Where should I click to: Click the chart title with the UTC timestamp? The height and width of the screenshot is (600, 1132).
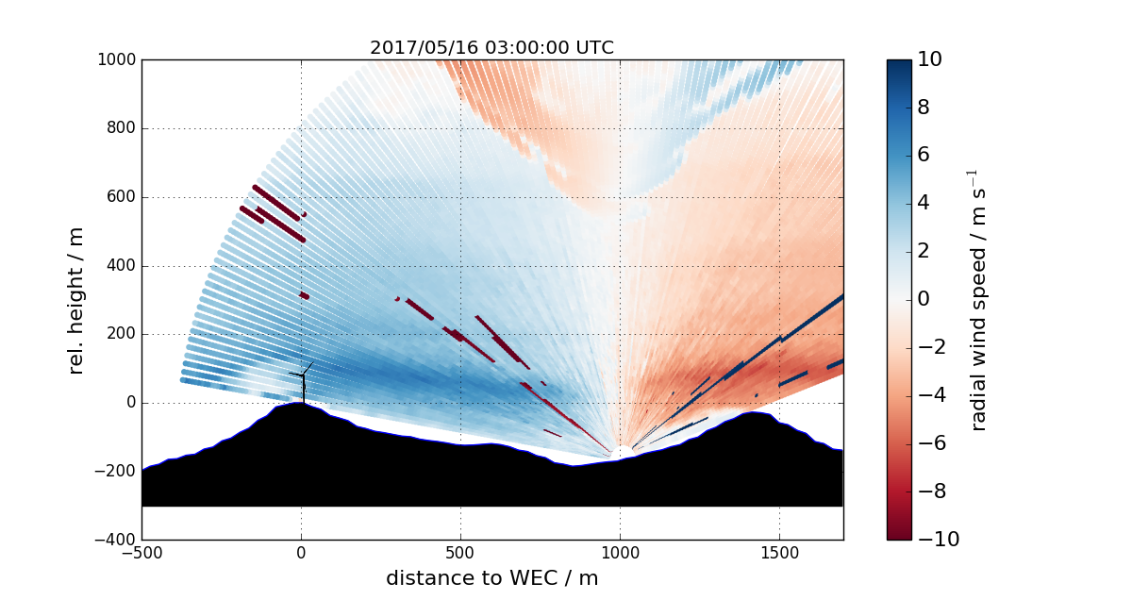(491, 48)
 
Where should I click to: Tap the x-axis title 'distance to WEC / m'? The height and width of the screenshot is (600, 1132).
(491, 577)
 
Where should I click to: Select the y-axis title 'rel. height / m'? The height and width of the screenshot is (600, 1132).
(75, 300)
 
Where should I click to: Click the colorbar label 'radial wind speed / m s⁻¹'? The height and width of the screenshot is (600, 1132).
(978, 300)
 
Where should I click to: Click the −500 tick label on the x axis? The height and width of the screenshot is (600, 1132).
(141, 552)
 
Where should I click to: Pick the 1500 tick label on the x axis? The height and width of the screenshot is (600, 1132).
(779, 552)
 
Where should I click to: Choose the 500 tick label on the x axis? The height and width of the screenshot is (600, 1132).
(460, 552)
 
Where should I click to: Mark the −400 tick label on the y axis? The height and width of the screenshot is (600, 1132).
(116, 540)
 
